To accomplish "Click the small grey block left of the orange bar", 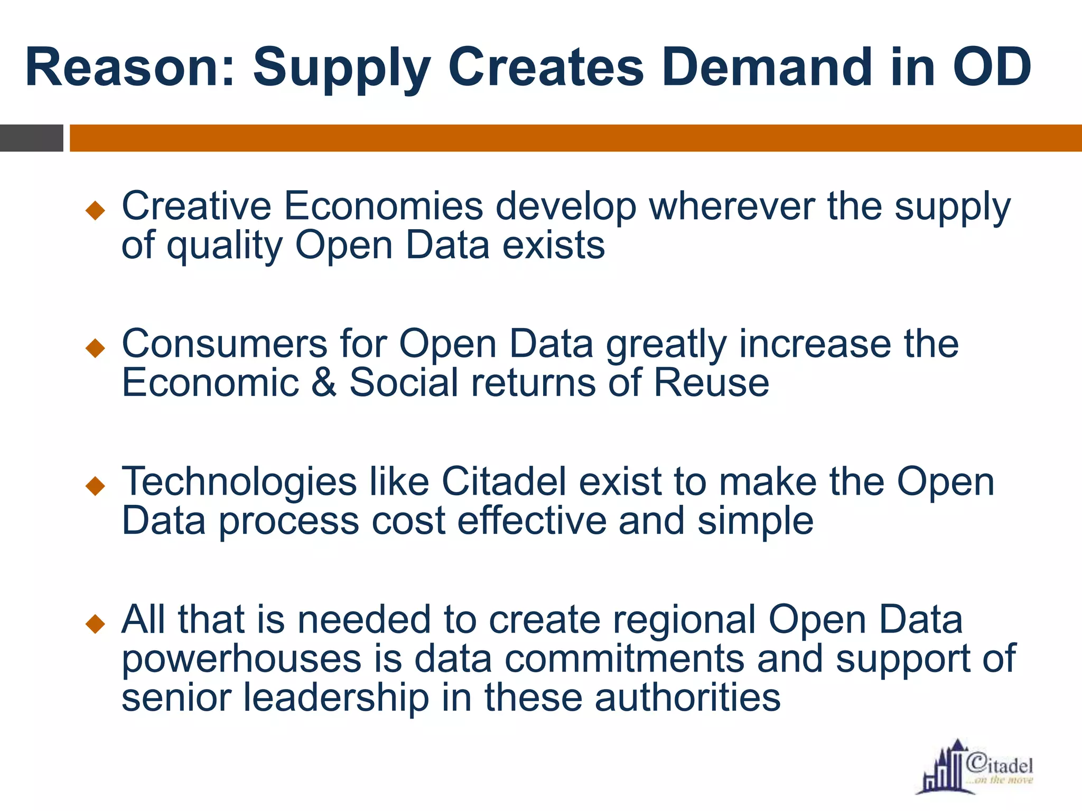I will coord(31,138).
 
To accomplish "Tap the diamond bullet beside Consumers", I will coord(96,348).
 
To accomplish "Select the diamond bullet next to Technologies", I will coord(96,486).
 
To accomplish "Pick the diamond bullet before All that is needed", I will coord(96,624).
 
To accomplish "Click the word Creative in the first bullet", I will coord(196,206).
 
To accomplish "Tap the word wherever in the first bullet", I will coord(732,206).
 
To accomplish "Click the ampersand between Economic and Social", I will coord(323,382).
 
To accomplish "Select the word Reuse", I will coord(711,382).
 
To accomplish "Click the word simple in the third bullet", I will coord(755,522).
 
